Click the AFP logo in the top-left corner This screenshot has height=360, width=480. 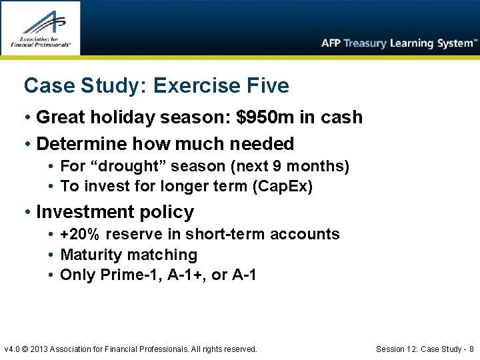click(40, 27)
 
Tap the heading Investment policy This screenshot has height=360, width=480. click(115, 212)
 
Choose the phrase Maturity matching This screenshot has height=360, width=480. click(129, 255)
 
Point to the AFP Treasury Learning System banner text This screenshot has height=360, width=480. click(399, 43)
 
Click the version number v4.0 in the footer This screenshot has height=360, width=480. click(13, 349)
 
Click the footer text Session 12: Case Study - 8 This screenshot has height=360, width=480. click(425, 349)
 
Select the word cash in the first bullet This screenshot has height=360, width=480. click(341, 117)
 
